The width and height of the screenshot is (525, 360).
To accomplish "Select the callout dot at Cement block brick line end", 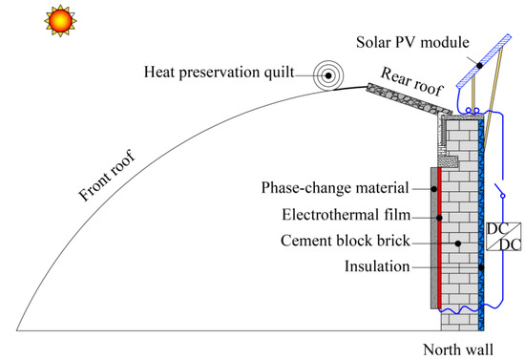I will coord(459,244).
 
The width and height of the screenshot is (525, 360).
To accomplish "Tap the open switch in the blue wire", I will coord(499,189).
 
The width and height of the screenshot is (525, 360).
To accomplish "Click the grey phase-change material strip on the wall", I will coord(435,239).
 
